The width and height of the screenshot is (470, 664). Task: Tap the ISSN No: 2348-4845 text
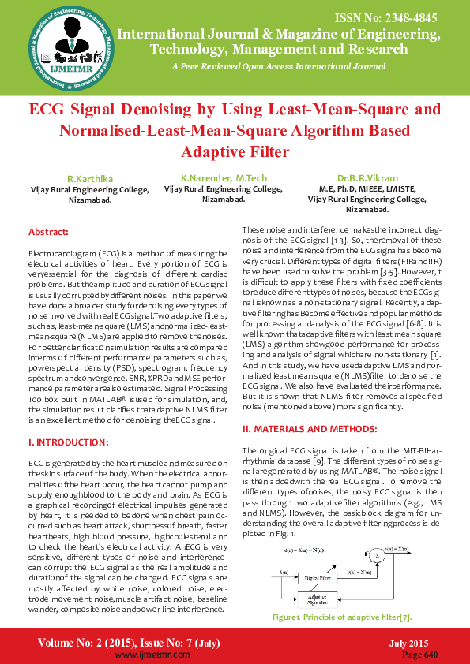tap(403, 17)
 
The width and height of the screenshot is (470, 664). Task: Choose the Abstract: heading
tap(48, 232)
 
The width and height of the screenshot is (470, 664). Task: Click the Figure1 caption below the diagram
tap(339, 617)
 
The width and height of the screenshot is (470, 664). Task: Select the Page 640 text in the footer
tap(419, 655)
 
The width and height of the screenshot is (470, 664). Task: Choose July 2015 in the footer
tap(408, 643)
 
